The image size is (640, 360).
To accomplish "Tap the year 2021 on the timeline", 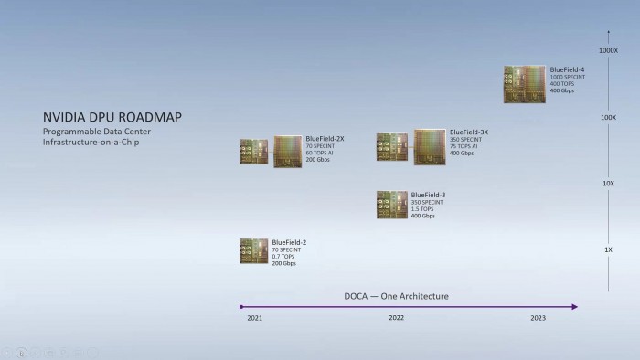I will click(x=254, y=318).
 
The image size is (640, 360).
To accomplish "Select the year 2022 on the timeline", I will click(x=396, y=318).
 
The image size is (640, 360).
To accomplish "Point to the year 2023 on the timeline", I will click(x=539, y=318).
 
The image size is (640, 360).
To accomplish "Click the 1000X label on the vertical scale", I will click(x=608, y=50).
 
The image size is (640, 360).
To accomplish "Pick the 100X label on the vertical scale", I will click(x=608, y=118).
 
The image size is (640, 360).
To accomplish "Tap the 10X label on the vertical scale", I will click(x=608, y=184).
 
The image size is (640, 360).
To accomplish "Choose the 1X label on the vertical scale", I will click(x=608, y=249).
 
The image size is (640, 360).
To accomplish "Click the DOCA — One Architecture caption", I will click(x=396, y=296).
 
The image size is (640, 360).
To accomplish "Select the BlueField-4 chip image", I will click(x=524, y=84).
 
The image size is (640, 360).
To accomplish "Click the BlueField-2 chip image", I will click(x=253, y=251).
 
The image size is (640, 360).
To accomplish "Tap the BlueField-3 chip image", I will click(x=391, y=205).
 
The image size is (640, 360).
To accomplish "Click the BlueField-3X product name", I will click(x=469, y=132).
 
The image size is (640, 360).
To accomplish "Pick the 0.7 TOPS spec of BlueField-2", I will click(x=283, y=257).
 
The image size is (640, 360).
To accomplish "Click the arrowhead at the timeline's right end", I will click(x=575, y=307).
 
